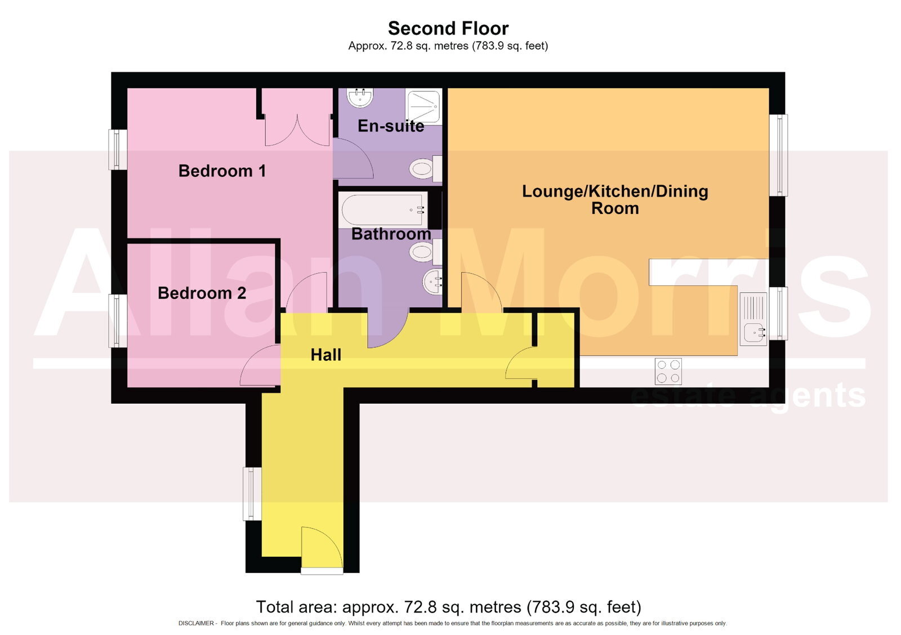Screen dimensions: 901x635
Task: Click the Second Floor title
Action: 448,29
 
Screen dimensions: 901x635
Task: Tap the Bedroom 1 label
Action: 222,171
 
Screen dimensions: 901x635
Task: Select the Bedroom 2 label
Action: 202,293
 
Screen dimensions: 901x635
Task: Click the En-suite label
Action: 391,126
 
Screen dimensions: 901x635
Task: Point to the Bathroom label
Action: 391,234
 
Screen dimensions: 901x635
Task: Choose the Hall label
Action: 326,355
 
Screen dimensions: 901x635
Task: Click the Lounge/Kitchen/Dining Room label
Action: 615,200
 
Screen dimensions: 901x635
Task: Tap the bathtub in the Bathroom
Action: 383,210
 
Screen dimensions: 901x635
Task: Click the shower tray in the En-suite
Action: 424,107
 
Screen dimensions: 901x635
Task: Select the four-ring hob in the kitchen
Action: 668,371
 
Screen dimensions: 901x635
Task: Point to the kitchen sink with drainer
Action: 753,319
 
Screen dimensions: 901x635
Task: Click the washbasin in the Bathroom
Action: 433,281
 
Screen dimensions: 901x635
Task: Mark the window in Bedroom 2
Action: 118,320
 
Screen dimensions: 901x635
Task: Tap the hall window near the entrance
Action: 252,494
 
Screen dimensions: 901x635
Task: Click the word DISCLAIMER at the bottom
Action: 196,623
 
